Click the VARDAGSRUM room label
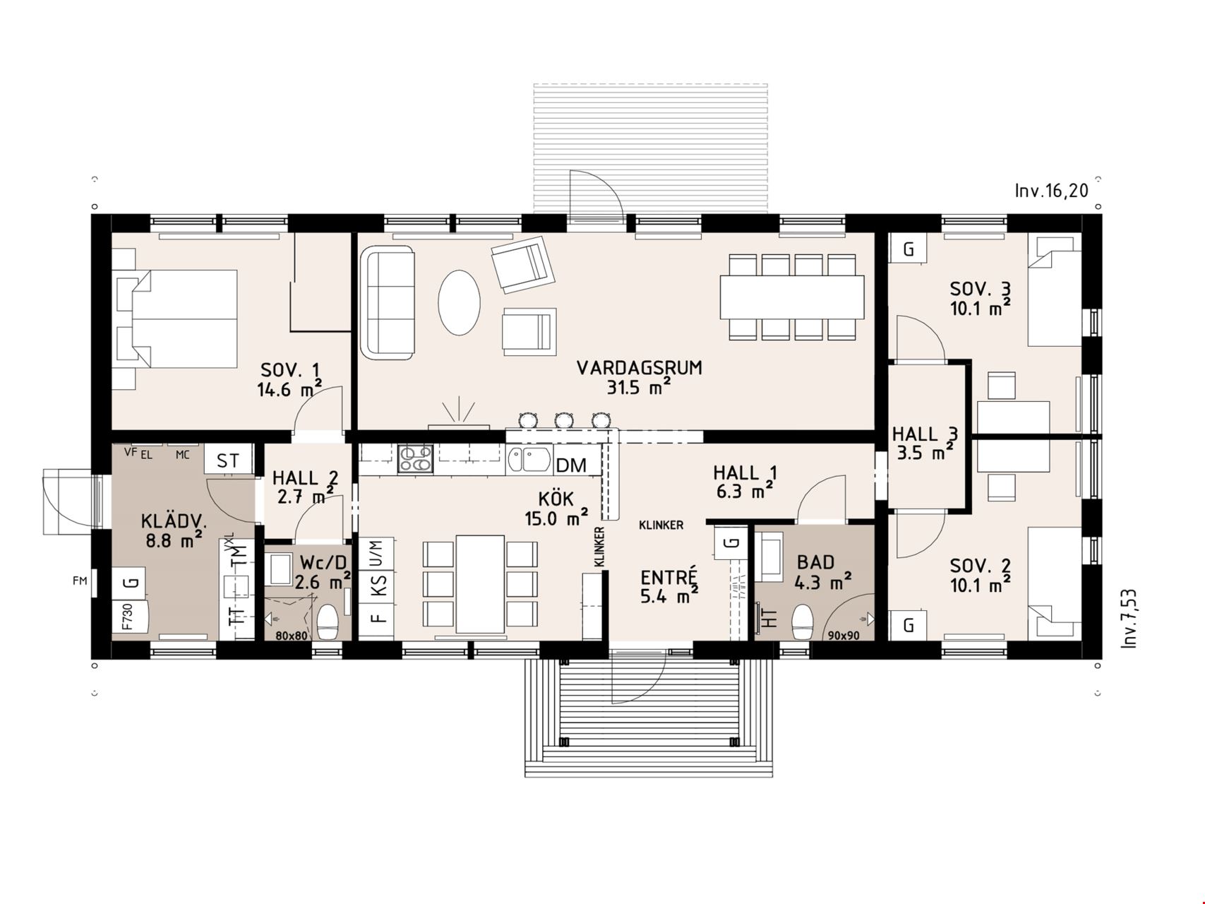(x=639, y=368)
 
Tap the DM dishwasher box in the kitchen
(x=571, y=465)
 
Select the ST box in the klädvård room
(x=228, y=461)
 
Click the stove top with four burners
(x=414, y=459)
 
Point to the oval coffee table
(x=459, y=302)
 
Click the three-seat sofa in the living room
(x=387, y=302)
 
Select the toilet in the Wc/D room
(x=328, y=622)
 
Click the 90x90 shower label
(x=844, y=636)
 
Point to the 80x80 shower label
(x=292, y=636)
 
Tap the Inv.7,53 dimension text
(x=1129, y=619)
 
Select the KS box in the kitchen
(x=378, y=585)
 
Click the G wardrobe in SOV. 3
(x=909, y=249)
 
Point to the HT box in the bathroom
(x=769, y=619)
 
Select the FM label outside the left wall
(x=80, y=581)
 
